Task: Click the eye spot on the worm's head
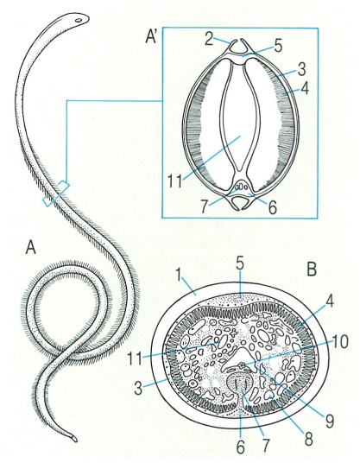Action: point(79,21)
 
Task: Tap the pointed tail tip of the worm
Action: point(75,440)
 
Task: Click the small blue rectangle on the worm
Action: point(56,193)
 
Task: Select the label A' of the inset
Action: point(152,36)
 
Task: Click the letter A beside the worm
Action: point(31,246)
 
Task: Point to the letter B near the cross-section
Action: point(313,268)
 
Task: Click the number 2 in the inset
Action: point(209,39)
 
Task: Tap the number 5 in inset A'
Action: point(278,47)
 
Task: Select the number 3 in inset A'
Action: point(301,68)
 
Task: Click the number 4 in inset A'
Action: point(305,88)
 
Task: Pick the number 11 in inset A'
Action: point(174,181)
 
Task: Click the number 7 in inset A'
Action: point(205,206)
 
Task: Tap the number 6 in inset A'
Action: point(273,207)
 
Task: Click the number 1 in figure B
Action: point(178,276)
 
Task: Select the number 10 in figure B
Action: point(340,342)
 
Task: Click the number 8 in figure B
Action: point(308,439)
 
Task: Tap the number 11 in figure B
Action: point(135,358)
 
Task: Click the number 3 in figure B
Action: point(139,389)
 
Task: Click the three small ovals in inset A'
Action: point(241,187)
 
